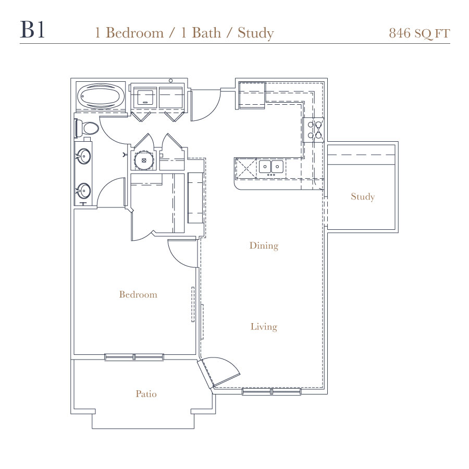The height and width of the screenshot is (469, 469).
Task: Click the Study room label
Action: click(363, 197)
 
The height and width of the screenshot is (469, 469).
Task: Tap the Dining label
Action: click(264, 245)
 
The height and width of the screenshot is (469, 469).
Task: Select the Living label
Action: click(264, 327)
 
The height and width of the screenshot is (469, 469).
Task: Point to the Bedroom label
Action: click(138, 294)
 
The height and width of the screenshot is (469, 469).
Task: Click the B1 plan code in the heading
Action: click(32, 30)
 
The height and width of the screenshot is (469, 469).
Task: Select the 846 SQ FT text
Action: click(419, 33)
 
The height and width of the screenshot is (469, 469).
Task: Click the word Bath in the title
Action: click(206, 33)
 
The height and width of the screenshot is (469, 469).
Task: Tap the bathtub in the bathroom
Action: click(101, 96)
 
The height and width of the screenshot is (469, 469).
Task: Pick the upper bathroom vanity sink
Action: click(84, 156)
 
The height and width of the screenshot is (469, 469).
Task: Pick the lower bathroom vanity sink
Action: click(84, 191)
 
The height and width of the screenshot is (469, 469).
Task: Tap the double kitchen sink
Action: click(271, 167)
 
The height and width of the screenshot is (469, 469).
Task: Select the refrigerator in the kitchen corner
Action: click(252, 95)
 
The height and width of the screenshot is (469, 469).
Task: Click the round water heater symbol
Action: click(144, 160)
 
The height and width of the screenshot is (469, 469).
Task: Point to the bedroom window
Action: click(134, 357)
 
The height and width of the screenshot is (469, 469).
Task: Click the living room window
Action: click(271, 392)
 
